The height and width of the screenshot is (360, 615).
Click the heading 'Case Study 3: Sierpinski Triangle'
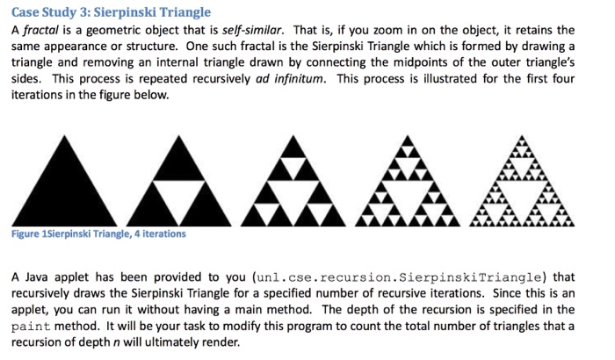(111, 12)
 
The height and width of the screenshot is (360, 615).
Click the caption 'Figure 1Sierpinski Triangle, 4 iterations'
(98, 234)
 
